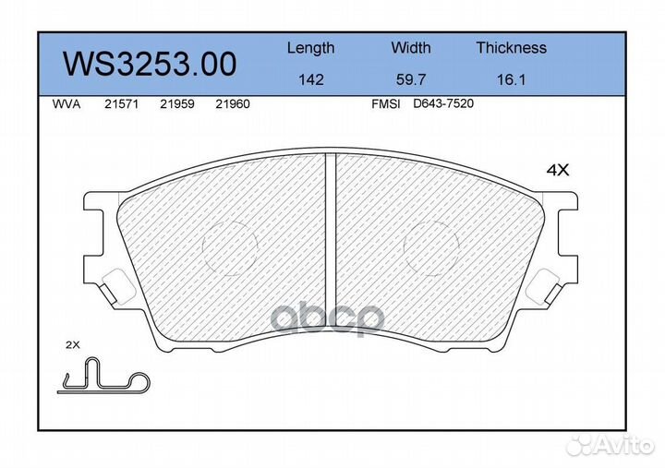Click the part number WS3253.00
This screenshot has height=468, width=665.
pyautogui.click(x=149, y=65)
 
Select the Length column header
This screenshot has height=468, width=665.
pyautogui.click(x=310, y=48)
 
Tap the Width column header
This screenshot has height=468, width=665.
pyautogui.click(x=410, y=48)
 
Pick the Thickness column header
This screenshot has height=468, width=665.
pyautogui.click(x=511, y=48)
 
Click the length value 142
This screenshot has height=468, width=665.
pyautogui.click(x=310, y=80)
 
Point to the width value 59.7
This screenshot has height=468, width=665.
pyautogui.click(x=410, y=80)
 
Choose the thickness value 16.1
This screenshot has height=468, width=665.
pyautogui.click(x=511, y=80)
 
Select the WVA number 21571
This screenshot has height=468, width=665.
pyautogui.click(x=121, y=105)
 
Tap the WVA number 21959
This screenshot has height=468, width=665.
pyautogui.click(x=175, y=105)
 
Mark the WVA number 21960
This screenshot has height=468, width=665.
pyautogui.click(x=232, y=105)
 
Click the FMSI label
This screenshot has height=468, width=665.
pyautogui.click(x=385, y=105)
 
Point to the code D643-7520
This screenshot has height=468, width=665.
pyautogui.click(x=442, y=104)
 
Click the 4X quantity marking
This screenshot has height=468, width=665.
pyautogui.click(x=557, y=170)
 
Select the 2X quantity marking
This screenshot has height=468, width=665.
pyautogui.click(x=74, y=344)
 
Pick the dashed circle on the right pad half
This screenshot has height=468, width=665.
pyautogui.click(x=431, y=247)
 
